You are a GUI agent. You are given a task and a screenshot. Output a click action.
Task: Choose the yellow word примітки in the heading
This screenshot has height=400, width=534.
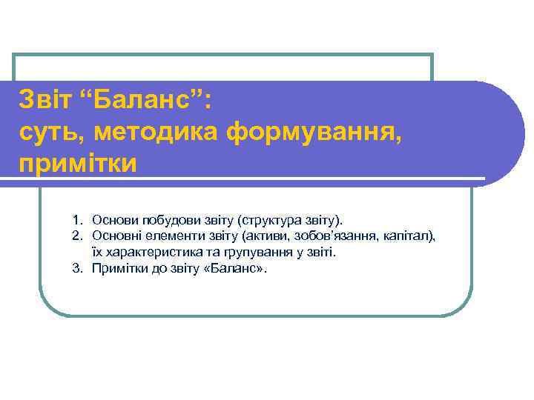(x=78, y=164)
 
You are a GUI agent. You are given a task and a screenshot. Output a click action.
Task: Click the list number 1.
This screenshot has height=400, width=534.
(x=76, y=220)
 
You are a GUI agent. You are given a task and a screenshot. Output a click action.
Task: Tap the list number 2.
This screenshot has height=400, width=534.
(x=76, y=236)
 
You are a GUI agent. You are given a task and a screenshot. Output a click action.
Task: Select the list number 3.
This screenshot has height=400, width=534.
(x=76, y=268)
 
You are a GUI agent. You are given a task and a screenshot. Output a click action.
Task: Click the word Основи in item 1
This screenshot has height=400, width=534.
(x=113, y=220)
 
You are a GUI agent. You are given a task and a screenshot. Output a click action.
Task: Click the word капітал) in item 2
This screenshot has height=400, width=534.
(x=409, y=236)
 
